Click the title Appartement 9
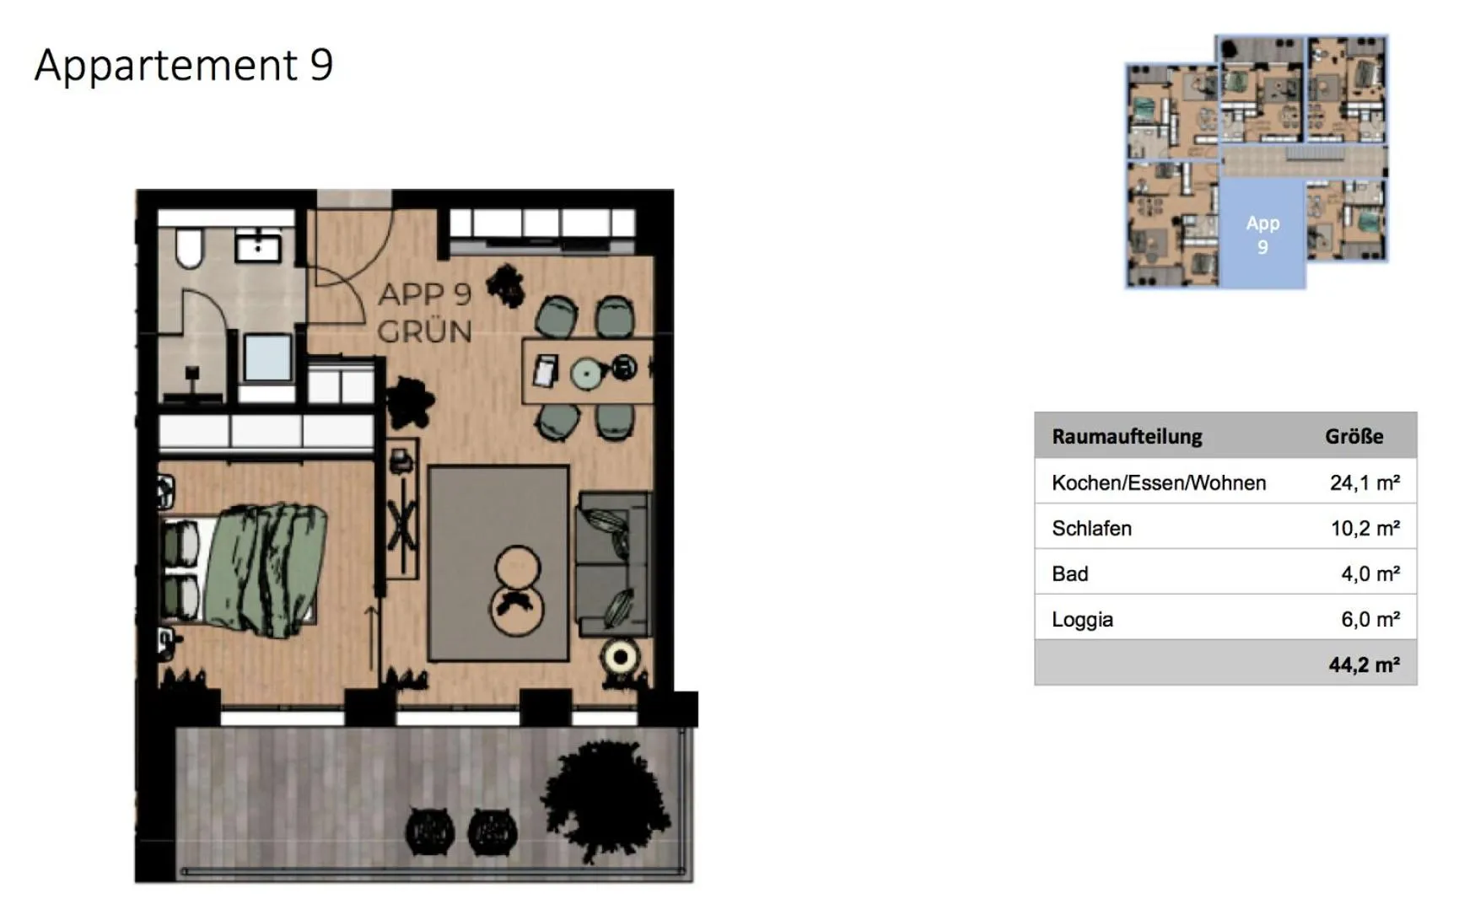(184, 65)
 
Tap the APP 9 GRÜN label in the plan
(424, 313)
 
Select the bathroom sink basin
(258, 247)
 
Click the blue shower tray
(267, 358)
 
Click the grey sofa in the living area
(612, 563)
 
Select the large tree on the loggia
(607, 797)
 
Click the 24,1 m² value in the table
(1364, 482)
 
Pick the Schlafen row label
(1091, 528)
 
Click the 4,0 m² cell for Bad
(1370, 573)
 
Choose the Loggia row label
(1082, 619)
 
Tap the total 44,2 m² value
(1364, 665)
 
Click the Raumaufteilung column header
(1127, 436)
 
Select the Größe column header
(1354, 436)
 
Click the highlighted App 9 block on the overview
(1262, 234)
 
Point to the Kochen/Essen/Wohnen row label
(1159, 482)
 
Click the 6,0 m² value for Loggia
(1370, 619)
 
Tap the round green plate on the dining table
(584, 373)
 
